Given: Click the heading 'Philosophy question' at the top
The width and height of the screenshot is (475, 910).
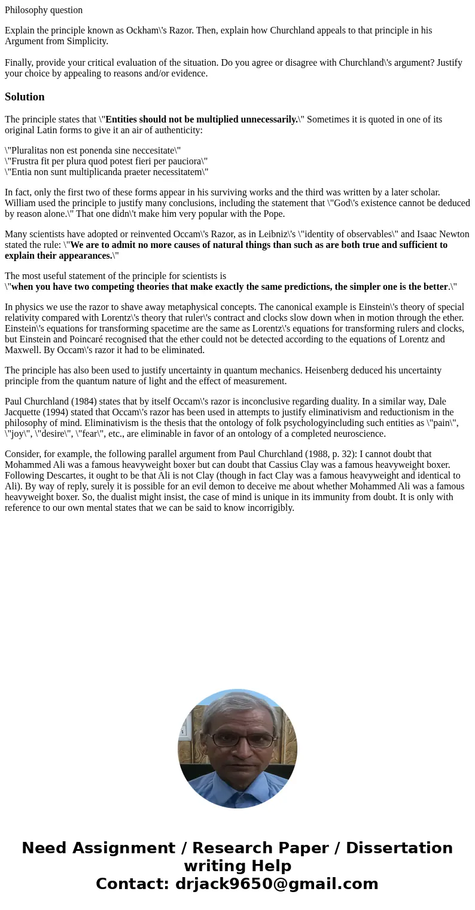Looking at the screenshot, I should click(x=44, y=10).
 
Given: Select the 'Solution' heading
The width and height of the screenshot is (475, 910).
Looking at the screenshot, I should click(x=25, y=97).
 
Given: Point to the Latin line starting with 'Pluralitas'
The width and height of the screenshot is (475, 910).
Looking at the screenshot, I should click(x=93, y=151).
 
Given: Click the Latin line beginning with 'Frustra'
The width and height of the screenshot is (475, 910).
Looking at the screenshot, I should click(x=106, y=161).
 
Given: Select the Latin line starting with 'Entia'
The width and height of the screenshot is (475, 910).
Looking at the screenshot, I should click(x=106, y=172).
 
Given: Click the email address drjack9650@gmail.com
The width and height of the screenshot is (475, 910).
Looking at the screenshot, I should click(x=276, y=884).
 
